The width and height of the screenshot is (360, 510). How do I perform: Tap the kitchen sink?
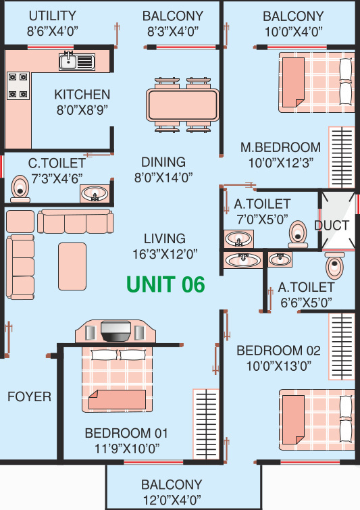point(76,62)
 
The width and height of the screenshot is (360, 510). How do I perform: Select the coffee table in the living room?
point(72,265)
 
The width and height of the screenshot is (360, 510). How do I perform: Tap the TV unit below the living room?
point(115,332)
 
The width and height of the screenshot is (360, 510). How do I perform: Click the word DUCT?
point(332,226)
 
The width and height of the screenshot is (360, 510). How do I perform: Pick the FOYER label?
point(29,397)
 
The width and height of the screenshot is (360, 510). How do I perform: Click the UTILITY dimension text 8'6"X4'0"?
point(52,30)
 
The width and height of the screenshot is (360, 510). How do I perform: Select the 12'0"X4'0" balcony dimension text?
point(171,501)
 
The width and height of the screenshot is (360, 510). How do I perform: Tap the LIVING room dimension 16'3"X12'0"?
point(164,254)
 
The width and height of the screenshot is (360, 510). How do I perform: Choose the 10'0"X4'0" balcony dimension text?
point(292,31)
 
